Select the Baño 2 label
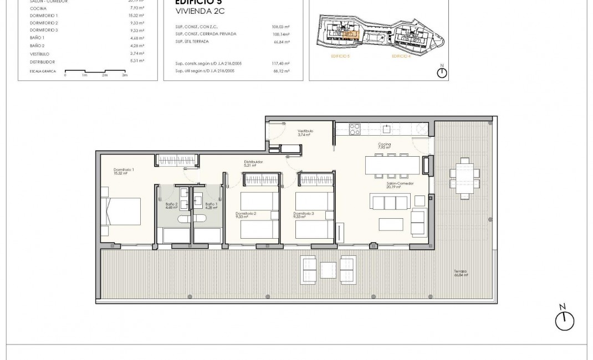[171, 206]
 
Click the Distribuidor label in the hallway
[253, 163]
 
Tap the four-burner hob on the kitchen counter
[355, 129]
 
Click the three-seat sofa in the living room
[390, 202]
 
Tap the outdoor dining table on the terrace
[462, 175]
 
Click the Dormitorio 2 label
[246, 215]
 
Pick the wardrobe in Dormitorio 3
[316, 178]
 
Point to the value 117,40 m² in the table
[283, 64]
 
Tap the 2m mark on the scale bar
[105, 75]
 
